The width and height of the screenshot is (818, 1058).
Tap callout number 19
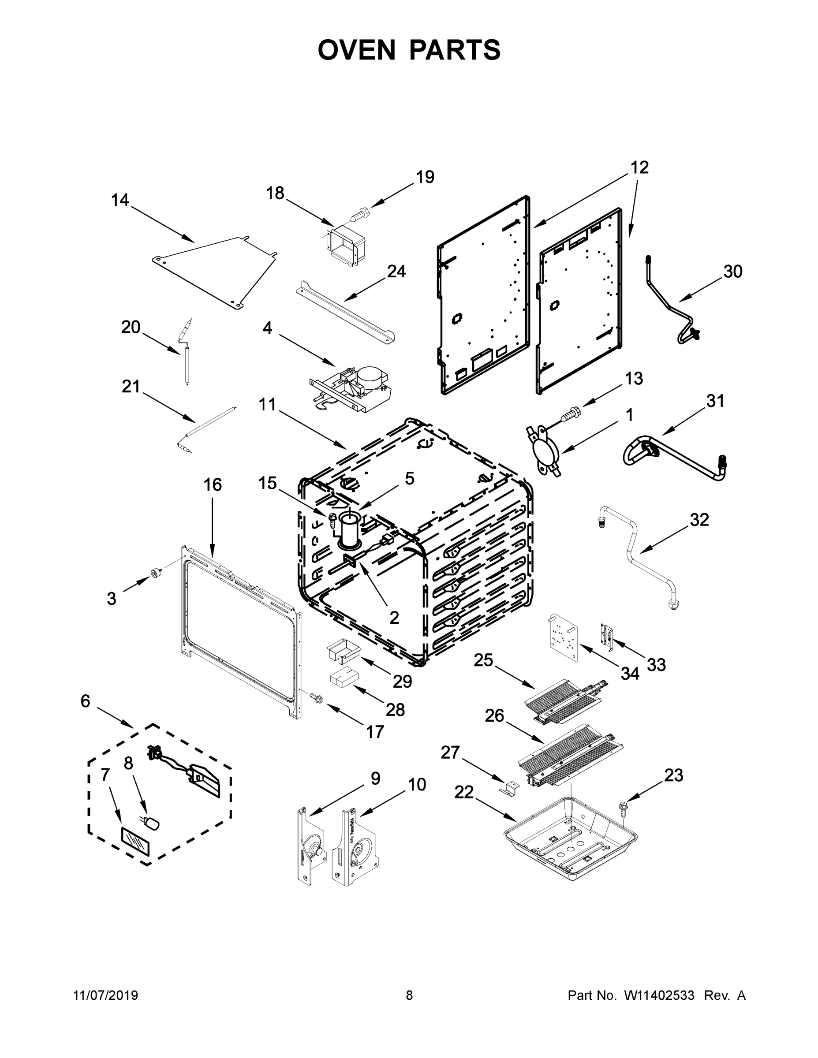(425, 177)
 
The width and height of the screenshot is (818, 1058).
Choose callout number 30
(733, 271)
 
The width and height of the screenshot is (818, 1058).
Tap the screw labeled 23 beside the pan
(621, 807)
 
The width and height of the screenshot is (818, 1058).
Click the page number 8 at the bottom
(409, 996)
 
